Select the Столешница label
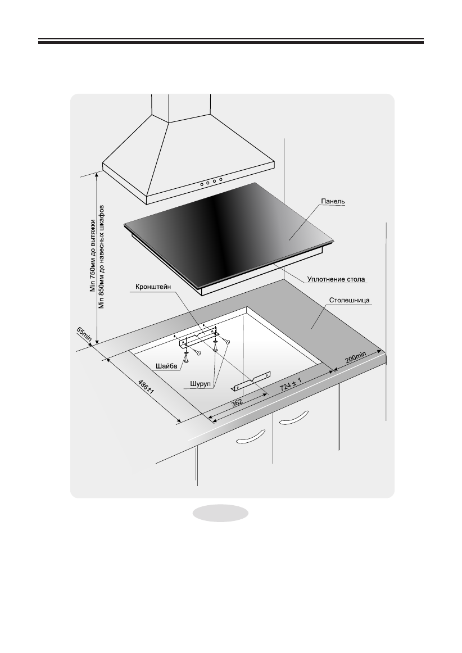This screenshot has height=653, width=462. tap(350, 301)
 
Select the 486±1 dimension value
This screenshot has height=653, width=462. tap(147, 389)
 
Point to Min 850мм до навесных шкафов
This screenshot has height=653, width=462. tap(102, 256)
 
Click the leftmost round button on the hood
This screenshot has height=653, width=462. tap(201, 184)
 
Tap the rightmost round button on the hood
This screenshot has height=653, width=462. tap(221, 179)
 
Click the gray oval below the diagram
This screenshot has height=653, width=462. tap(221, 513)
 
